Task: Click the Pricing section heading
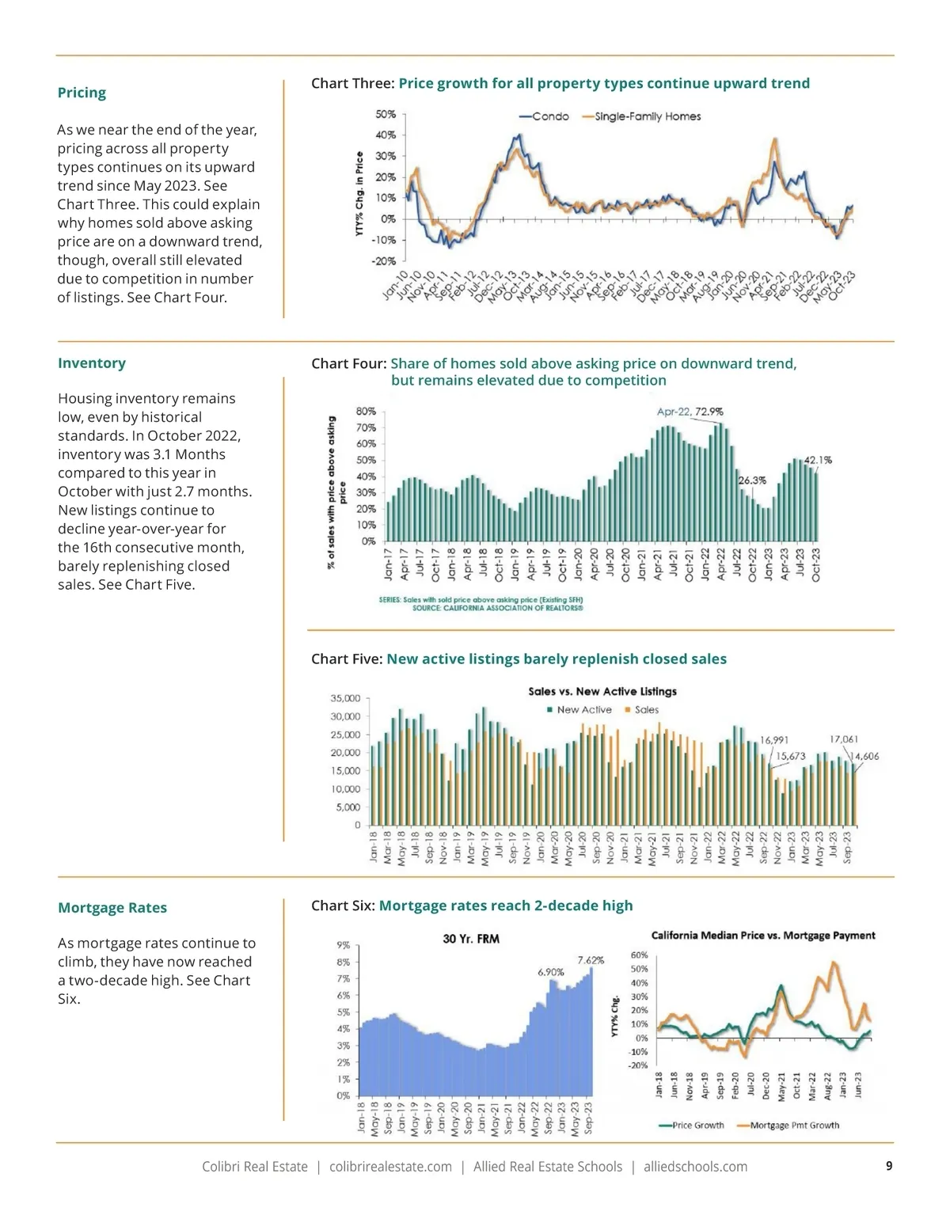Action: (82, 93)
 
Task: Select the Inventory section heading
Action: (92, 363)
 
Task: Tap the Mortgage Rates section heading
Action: (112, 908)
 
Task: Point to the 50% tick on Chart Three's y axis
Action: (386, 115)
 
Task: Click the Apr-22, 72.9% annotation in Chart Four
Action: (690, 412)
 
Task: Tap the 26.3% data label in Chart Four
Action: (752, 480)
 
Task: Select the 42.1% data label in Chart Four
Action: (818, 460)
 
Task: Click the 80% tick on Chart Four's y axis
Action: (366, 412)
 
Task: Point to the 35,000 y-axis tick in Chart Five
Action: (345, 698)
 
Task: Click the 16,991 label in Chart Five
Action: (774, 740)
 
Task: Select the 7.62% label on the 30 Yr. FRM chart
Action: (591, 960)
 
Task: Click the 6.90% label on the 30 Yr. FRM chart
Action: (551, 972)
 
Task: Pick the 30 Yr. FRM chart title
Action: (471, 940)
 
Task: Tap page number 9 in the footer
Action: (889, 1166)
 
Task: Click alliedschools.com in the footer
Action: (695, 1167)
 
